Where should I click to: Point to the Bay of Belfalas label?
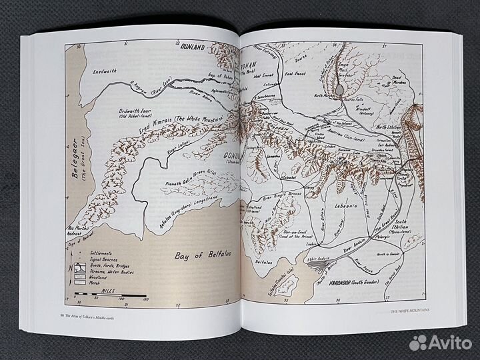199,255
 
